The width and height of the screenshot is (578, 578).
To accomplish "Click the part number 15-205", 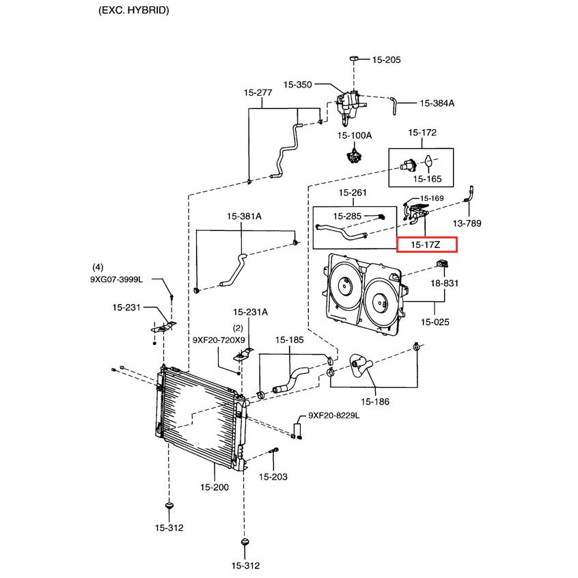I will pyautogui.click(x=386, y=60).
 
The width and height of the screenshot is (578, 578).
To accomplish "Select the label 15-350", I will pyautogui.click(x=298, y=85).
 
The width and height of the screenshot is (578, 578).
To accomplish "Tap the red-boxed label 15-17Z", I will pyautogui.click(x=426, y=244).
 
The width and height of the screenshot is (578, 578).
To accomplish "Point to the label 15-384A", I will pyautogui.click(x=437, y=104).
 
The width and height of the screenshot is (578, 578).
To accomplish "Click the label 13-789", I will pyautogui.click(x=468, y=223).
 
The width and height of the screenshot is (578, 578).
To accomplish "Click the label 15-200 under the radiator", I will pyautogui.click(x=215, y=487).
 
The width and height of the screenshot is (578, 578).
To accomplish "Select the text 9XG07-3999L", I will pyautogui.click(x=120, y=279).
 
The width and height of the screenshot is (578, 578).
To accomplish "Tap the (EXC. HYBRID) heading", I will pyautogui.click(x=134, y=10).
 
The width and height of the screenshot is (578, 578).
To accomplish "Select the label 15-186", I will pyautogui.click(x=375, y=402).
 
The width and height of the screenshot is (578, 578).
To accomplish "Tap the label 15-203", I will pyautogui.click(x=273, y=476).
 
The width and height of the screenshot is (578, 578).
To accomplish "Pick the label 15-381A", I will pyautogui.click(x=244, y=217).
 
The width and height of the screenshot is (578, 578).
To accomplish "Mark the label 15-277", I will pyautogui.click(x=258, y=92).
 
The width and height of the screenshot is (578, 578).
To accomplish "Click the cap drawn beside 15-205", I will pyautogui.click(x=355, y=60).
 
